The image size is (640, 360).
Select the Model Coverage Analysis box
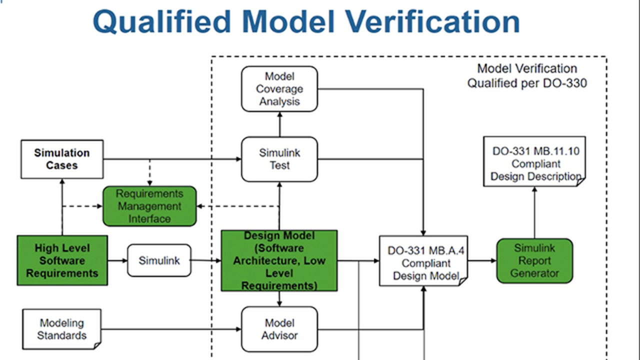[x=279, y=89]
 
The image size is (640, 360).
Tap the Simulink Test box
[x=279, y=159]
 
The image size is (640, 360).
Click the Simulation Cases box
[x=62, y=159]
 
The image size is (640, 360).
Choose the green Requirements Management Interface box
[x=149, y=206]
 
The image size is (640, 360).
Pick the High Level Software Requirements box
[x=62, y=260]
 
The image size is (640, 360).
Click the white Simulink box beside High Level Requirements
[x=159, y=260]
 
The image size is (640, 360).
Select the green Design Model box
[x=279, y=260]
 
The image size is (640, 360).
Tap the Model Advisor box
[x=279, y=329]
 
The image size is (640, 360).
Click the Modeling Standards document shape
[x=62, y=329]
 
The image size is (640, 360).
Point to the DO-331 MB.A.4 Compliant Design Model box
[x=423, y=262]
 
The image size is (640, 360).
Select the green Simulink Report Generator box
[x=534, y=260]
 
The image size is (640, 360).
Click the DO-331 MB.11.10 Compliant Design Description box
[x=534, y=163]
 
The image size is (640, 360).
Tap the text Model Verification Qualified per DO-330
[x=527, y=76]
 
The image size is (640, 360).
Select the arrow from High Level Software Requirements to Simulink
[x=117, y=260]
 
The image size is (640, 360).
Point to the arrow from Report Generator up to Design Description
[x=534, y=212]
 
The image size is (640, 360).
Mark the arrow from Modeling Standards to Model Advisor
[x=170, y=329]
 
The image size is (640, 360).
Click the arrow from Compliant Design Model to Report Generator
[x=482, y=260]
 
